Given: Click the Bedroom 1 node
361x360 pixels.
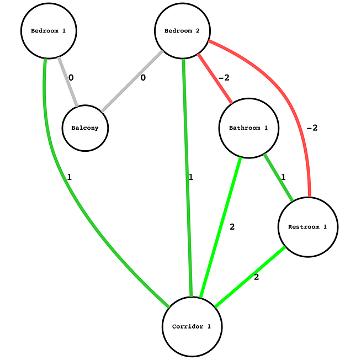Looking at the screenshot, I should pyautogui.click(x=49, y=30).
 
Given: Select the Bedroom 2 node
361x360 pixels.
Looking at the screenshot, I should pyautogui.click(x=182, y=30).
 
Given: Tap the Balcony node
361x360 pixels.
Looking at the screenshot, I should pyautogui.click(x=85, y=128).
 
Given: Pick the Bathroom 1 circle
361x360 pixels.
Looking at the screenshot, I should pyautogui.click(x=248, y=128).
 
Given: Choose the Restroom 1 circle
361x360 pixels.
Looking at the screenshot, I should pyautogui.click(x=307, y=226).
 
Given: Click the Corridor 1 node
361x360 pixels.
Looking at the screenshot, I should pyautogui.click(x=192, y=326).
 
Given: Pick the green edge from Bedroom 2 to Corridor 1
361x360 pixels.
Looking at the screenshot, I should pyautogui.click(x=187, y=177).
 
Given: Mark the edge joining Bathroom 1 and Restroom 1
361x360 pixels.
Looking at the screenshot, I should pyautogui.click(x=279, y=177).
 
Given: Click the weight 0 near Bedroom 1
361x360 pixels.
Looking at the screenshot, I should pyautogui.click(x=71, y=78).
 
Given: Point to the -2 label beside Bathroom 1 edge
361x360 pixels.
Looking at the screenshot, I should pyautogui.click(x=224, y=78).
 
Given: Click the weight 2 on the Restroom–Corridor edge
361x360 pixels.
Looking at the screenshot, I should pyautogui.click(x=257, y=277).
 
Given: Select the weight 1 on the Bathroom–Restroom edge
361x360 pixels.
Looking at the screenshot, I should pyautogui.click(x=283, y=177).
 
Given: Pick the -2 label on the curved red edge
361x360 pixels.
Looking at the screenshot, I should pyautogui.click(x=311, y=128).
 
